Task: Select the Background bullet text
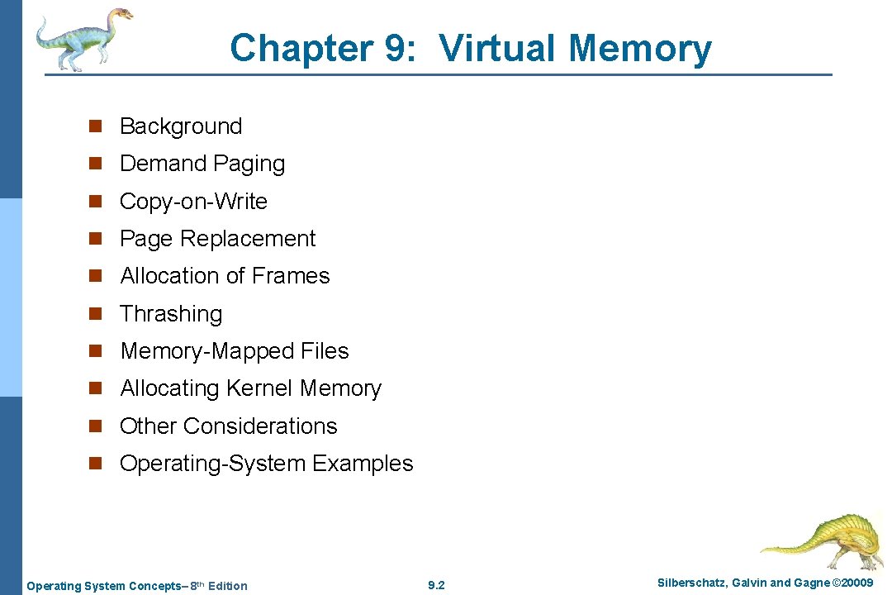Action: [x=181, y=126]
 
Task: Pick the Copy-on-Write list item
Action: [x=193, y=202]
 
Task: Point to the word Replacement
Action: [x=247, y=239]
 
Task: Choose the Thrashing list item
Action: [x=171, y=314]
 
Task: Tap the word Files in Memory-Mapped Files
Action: [x=325, y=351]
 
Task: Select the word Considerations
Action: [x=260, y=426]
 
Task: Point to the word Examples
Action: [x=363, y=464]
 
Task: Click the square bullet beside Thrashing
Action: [x=96, y=314]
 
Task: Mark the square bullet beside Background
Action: [x=96, y=126]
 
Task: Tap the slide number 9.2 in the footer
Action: [x=436, y=586]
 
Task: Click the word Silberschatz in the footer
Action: [x=690, y=583]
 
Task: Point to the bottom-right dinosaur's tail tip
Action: [x=764, y=547]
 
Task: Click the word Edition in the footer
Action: [x=227, y=586]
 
